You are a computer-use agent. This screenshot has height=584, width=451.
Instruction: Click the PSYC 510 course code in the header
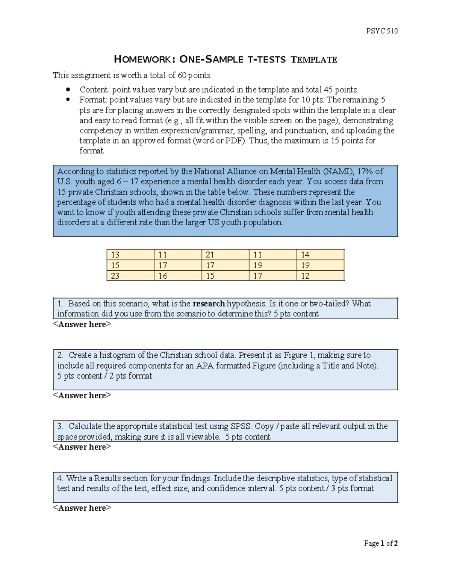pyautogui.click(x=381, y=31)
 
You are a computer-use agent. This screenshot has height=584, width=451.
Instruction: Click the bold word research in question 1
pyautogui.click(x=209, y=303)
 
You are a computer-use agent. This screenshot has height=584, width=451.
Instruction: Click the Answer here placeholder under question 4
pyautogui.click(x=82, y=508)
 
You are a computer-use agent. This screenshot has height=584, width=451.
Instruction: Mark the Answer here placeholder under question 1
pyautogui.click(x=82, y=324)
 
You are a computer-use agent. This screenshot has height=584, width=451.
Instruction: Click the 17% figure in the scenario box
pyautogui.click(x=365, y=171)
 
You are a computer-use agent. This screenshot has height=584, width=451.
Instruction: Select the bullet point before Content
pyautogui.click(x=68, y=89)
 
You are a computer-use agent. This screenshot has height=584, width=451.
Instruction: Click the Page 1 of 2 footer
pyautogui.click(x=381, y=543)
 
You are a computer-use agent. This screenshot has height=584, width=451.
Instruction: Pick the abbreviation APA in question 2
pyautogui.click(x=205, y=366)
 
